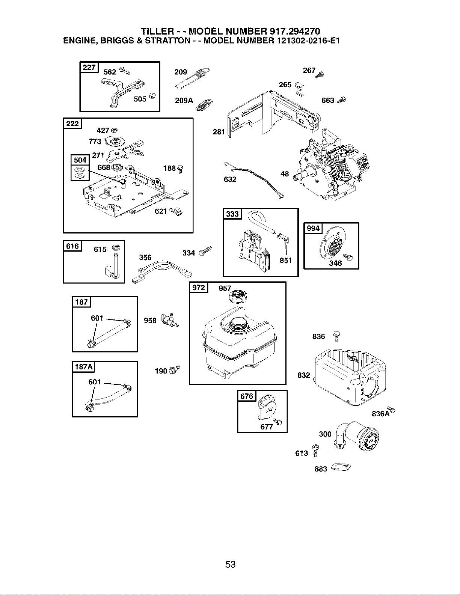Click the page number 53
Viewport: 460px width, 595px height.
click(230, 564)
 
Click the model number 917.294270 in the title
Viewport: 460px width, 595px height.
click(295, 31)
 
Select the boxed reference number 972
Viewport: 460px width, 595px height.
click(199, 288)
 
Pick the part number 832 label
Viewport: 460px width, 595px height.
click(304, 375)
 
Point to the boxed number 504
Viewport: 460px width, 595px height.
click(80, 160)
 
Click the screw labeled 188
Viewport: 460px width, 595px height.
click(181, 169)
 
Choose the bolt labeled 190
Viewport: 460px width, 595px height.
click(175, 369)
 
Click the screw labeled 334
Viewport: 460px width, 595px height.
click(205, 251)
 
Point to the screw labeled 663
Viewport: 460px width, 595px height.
click(342, 100)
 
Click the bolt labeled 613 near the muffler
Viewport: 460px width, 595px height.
click(316, 450)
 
